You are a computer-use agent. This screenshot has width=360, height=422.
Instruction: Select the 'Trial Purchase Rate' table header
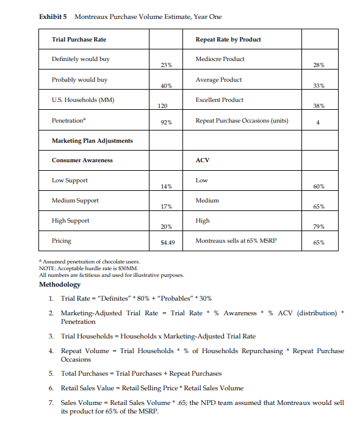(79, 40)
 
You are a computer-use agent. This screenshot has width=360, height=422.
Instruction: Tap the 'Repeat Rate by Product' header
(228, 40)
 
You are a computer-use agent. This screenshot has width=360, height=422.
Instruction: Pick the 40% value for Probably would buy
(166, 85)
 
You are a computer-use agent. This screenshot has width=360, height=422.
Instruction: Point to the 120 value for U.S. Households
(162, 105)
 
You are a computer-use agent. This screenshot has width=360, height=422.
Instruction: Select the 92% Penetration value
(166, 122)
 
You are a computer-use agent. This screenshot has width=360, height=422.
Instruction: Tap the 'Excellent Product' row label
(220, 100)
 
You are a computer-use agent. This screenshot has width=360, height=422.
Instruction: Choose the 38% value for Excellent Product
(318, 105)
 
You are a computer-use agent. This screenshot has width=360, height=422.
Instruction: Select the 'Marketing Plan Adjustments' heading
(92, 140)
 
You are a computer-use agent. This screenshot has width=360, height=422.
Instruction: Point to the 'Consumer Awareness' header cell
(82, 160)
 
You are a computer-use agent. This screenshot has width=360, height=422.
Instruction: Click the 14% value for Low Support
(166, 185)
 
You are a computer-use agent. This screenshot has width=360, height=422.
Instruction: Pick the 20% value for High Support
(166, 226)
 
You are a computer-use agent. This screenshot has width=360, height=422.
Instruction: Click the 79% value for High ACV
(318, 226)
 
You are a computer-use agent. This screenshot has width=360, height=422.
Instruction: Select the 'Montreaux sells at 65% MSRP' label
(236, 241)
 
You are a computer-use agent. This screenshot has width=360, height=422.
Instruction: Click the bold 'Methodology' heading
(60, 285)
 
